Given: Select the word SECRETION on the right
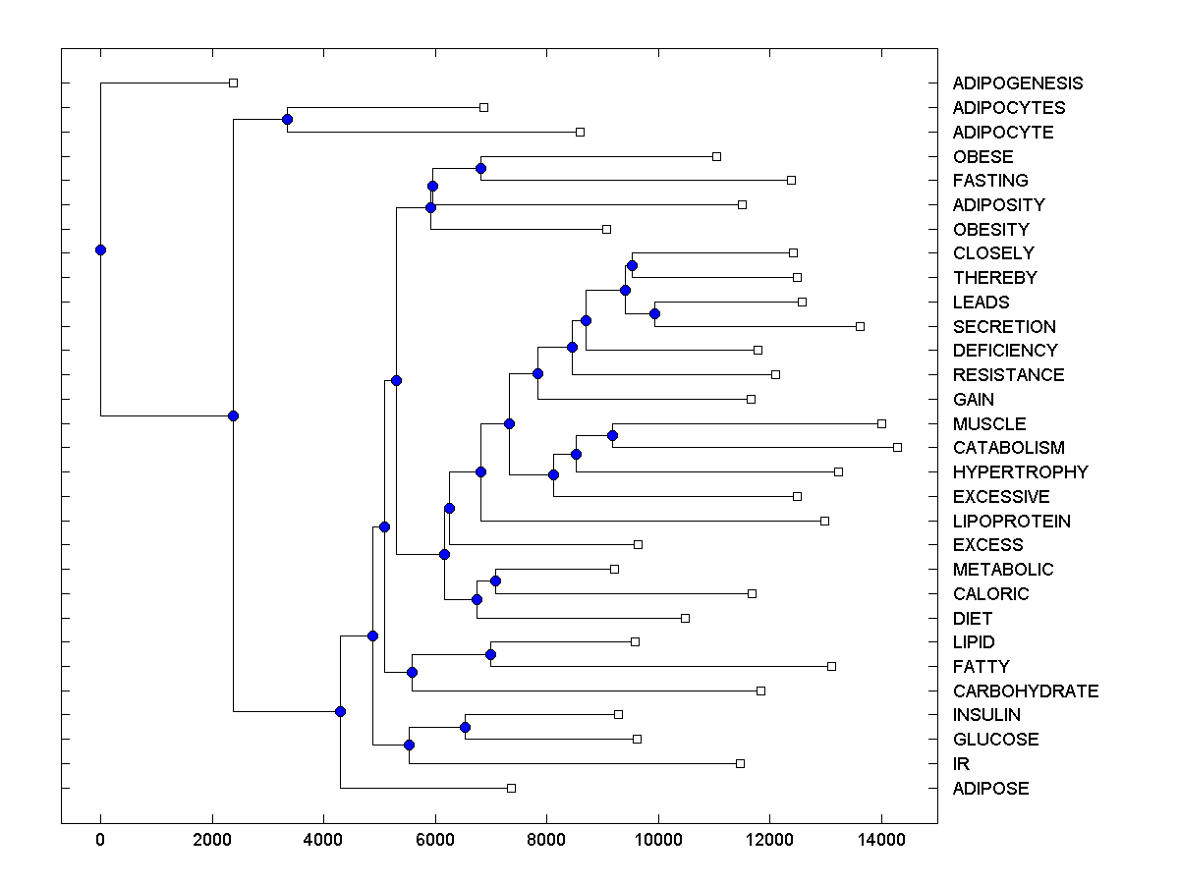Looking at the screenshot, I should point(1004,326).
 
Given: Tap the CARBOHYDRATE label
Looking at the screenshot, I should point(1026,691).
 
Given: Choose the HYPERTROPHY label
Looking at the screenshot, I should point(1021,471).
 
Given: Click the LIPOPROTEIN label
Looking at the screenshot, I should point(1012,521).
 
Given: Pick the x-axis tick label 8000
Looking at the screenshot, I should point(546,839).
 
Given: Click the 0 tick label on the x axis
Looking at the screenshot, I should point(100,839).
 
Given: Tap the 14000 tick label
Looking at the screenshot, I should point(881,839).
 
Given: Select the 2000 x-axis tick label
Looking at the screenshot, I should point(211,839).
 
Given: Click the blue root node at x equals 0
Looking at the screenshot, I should point(100,249).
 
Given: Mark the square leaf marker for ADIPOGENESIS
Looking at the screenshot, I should point(233,83).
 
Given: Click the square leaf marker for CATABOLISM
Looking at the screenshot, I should point(897,447).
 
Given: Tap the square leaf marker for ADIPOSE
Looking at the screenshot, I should point(511,788).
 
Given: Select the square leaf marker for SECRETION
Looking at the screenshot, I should point(860,326).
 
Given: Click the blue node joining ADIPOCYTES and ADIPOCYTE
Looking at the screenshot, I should point(287,120).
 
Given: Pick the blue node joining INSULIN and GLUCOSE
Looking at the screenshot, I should point(465,727).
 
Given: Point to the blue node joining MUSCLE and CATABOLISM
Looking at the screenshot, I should point(612,435).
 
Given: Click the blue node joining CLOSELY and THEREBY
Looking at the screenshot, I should point(632,265).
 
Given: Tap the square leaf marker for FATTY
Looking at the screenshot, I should point(831,666).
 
